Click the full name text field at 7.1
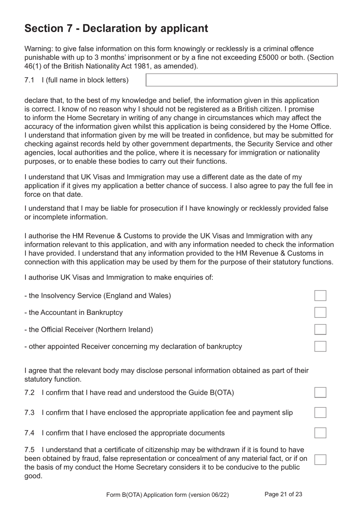point(241,80)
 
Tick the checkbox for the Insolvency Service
point(320,295)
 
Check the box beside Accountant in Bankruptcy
point(320,313)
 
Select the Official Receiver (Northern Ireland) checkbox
point(320,329)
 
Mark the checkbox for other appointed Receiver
point(320,346)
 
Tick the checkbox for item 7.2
point(320,393)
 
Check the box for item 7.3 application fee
point(320,413)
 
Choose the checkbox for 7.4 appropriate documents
point(320,433)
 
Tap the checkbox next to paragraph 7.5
point(320,459)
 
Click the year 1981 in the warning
point(144,66)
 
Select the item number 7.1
point(29,80)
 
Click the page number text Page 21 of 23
point(283,494)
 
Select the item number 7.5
point(29,450)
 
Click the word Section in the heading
point(44,28)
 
